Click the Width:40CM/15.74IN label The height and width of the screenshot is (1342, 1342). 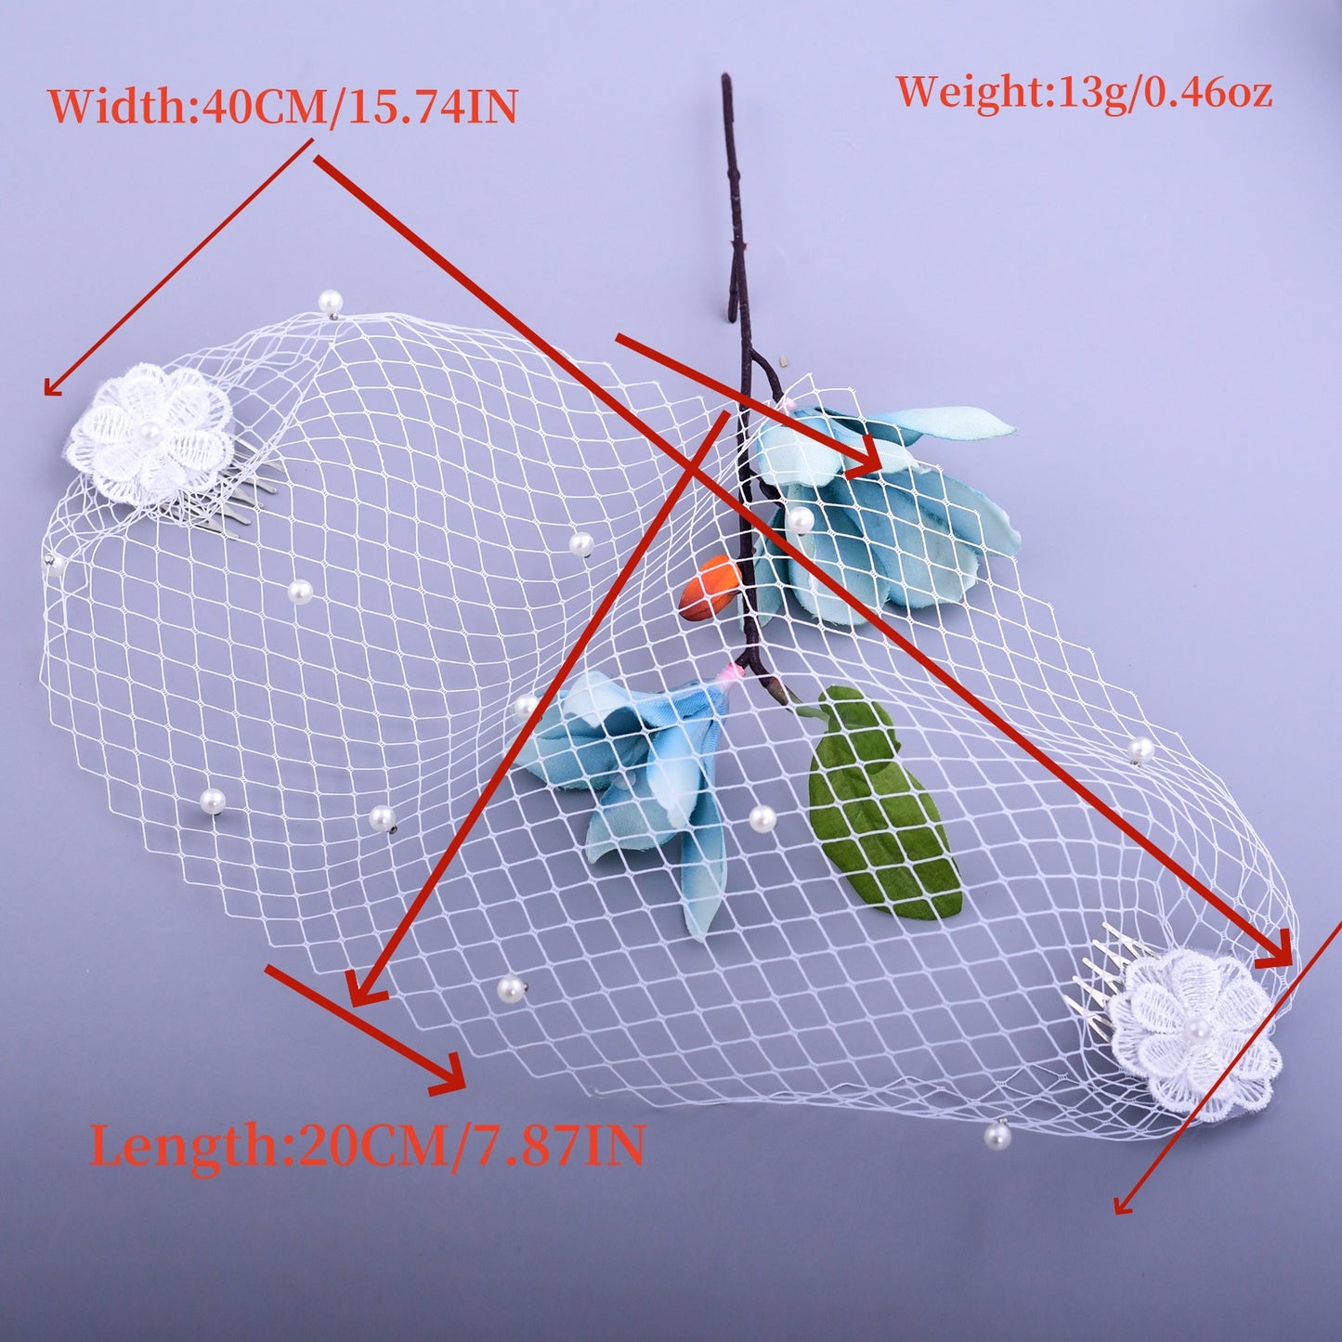[x=283, y=107]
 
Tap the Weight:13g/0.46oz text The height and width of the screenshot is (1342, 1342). [x=1084, y=93]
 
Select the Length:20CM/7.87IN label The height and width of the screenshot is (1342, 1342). [x=367, y=1143]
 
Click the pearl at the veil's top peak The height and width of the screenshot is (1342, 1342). [x=330, y=302]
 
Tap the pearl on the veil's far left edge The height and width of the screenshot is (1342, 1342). [x=54, y=566]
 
